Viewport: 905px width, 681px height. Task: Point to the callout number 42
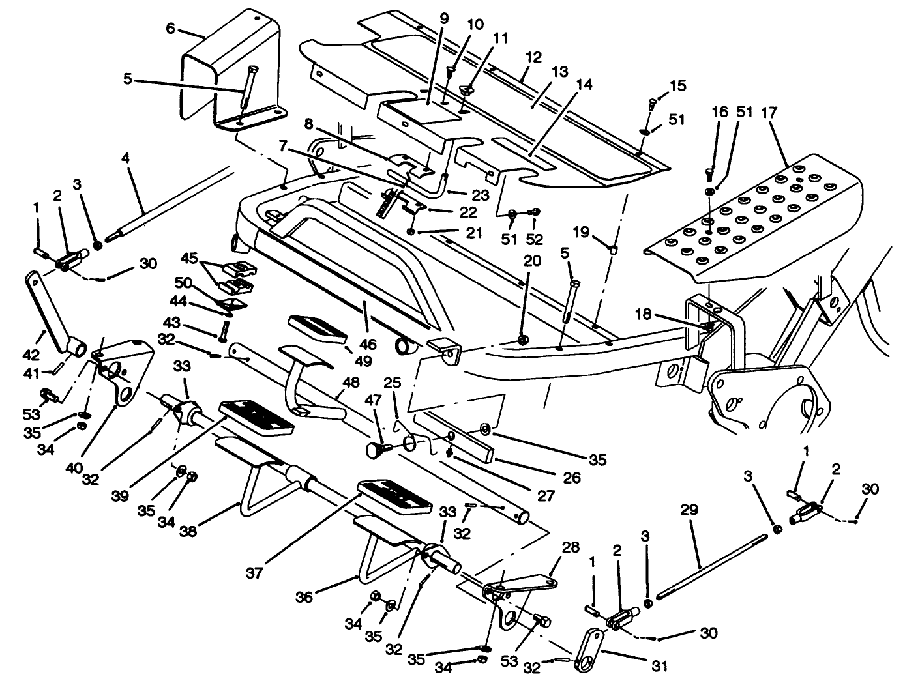31,355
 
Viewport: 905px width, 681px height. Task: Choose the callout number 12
533,57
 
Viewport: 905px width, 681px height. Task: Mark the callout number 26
571,478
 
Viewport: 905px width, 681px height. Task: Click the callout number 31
659,666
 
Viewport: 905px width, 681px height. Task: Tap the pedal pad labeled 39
257,418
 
